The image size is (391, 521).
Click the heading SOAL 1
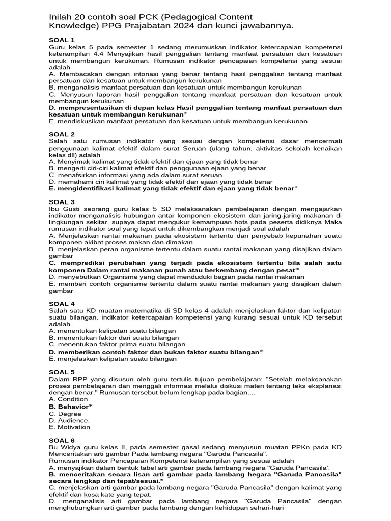point(62,40)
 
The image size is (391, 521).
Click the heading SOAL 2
point(62,134)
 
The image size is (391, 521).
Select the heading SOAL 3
point(62,202)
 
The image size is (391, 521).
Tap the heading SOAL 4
point(62,304)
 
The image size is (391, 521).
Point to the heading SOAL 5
point(62,372)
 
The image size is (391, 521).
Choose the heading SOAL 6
point(62,440)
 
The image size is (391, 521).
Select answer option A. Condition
point(68,399)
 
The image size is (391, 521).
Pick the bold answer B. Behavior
point(70,407)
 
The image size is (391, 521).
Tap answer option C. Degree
point(65,414)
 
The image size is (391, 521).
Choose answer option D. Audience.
point(69,420)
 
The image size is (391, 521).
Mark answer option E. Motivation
point(69,427)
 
